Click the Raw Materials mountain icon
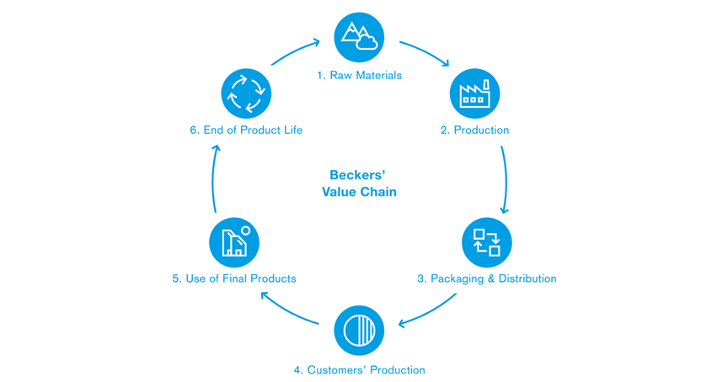359,38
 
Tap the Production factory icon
474,93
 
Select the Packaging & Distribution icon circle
486,242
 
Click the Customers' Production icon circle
359,331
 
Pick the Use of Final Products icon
234,242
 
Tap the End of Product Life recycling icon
246,93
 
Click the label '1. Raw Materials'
359,76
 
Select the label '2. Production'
474,130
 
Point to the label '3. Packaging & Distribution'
486,279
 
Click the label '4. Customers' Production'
359,370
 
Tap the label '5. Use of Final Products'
234,279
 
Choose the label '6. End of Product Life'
246,130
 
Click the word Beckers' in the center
357,175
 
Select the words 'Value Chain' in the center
359,192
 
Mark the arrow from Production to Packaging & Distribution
506,180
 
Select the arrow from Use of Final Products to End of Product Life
213,178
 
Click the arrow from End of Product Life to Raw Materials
294,50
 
